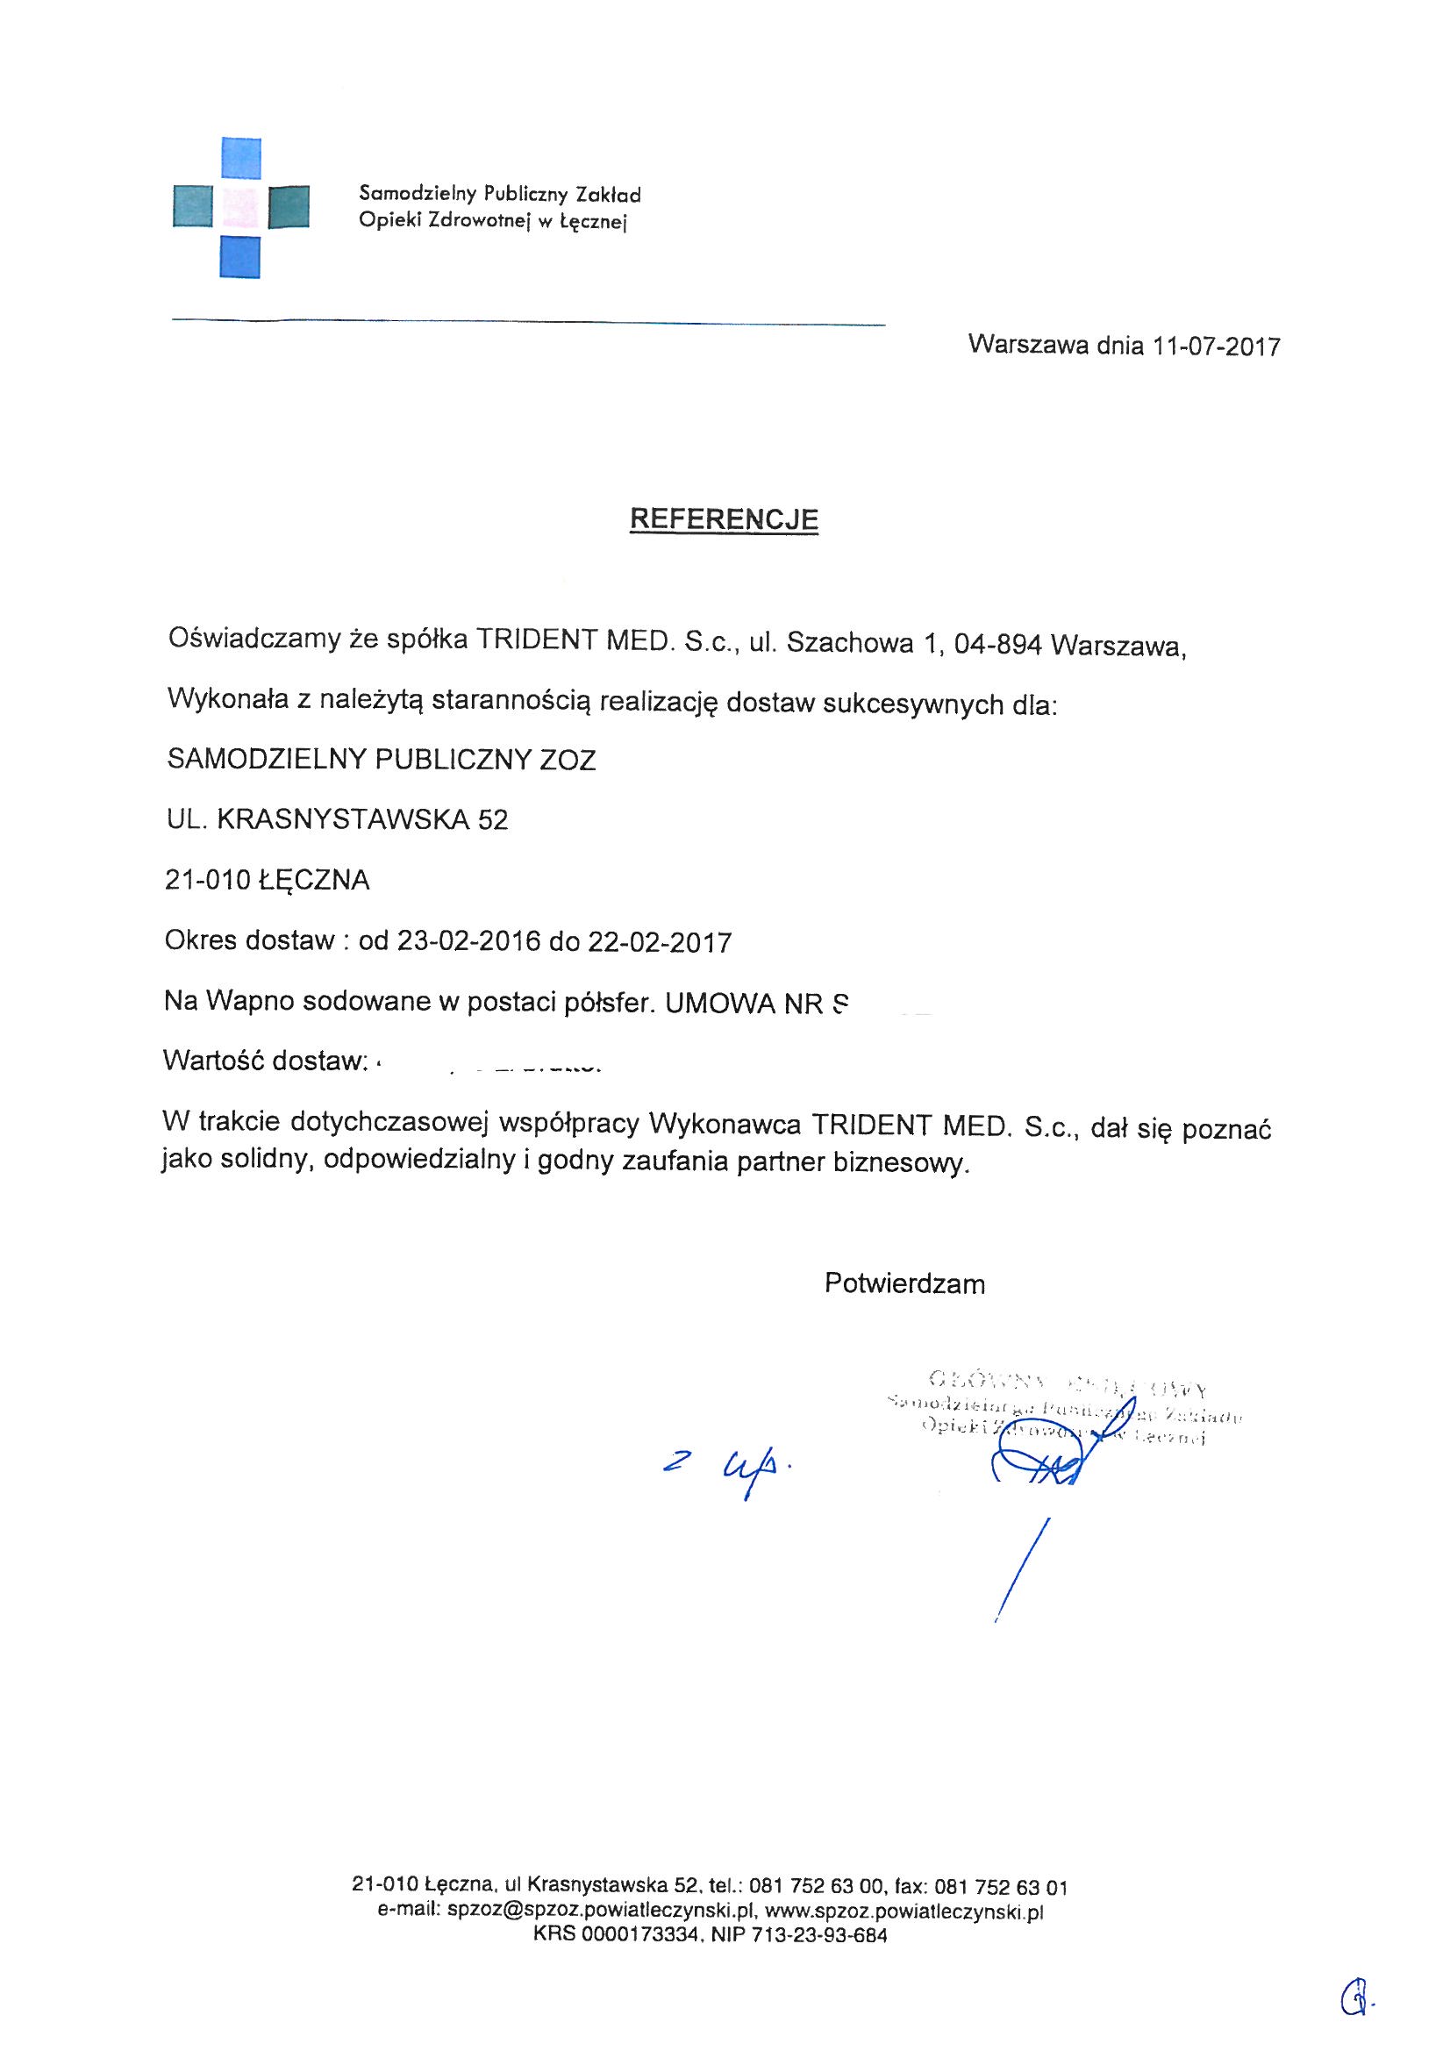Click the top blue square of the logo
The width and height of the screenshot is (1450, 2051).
point(240,158)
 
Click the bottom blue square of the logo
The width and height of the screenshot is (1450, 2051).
point(240,256)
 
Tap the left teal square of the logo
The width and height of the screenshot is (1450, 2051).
point(192,207)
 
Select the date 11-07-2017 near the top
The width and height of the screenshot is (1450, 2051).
point(1216,346)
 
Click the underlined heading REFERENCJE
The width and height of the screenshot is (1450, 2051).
point(724,519)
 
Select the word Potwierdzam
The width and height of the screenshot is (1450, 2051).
point(904,1283)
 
